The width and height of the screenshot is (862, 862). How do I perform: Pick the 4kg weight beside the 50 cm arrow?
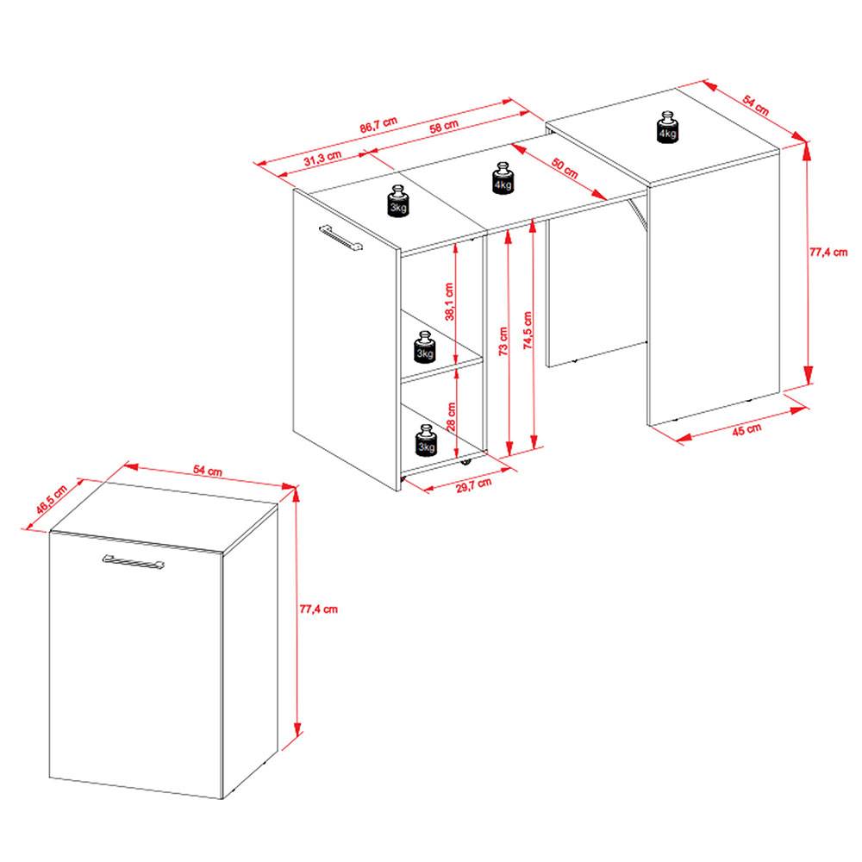(x=503, y=178)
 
